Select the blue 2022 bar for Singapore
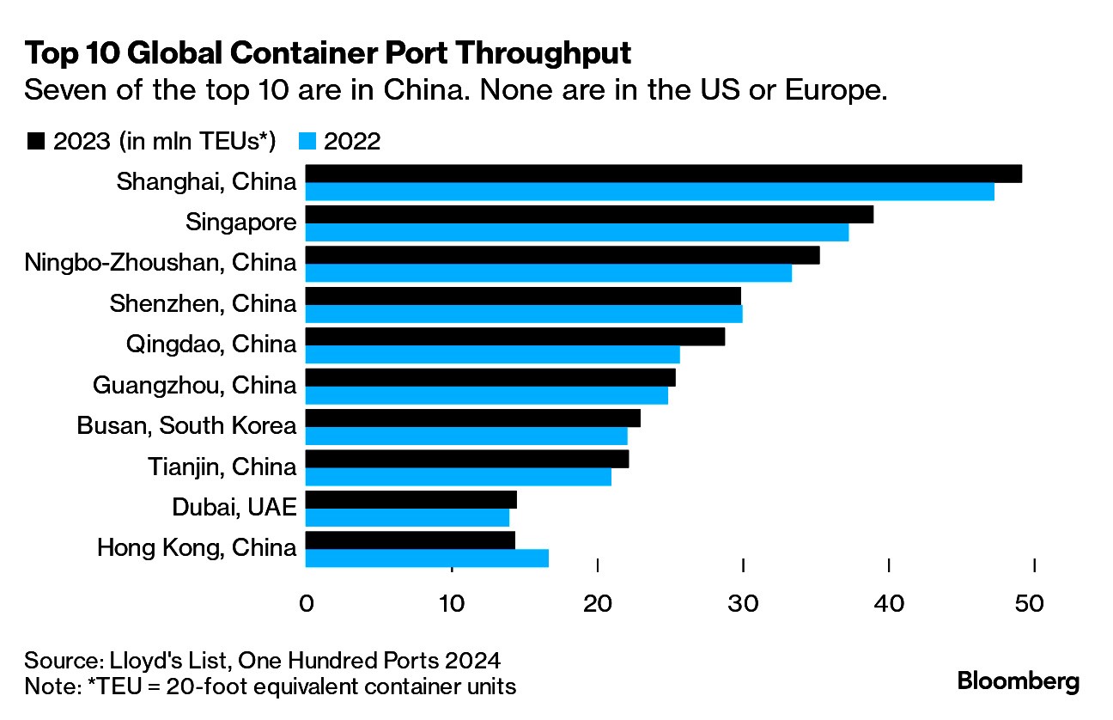[576, 232]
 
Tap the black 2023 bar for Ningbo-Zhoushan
[562, 255]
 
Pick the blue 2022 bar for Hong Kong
[426, 558]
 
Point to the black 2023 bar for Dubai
[411, 499]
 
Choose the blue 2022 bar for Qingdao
[492, 354]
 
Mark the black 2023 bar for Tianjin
[466, 459]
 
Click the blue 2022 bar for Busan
[465, 436]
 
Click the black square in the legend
[35, 142]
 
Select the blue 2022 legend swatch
[308, 142]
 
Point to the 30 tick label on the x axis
[741, 604]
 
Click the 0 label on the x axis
[306, 604]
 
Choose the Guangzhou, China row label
[194, 385]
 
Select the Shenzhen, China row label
[203, 303]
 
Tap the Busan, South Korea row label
[186, 425]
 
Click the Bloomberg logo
[1018, 682]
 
